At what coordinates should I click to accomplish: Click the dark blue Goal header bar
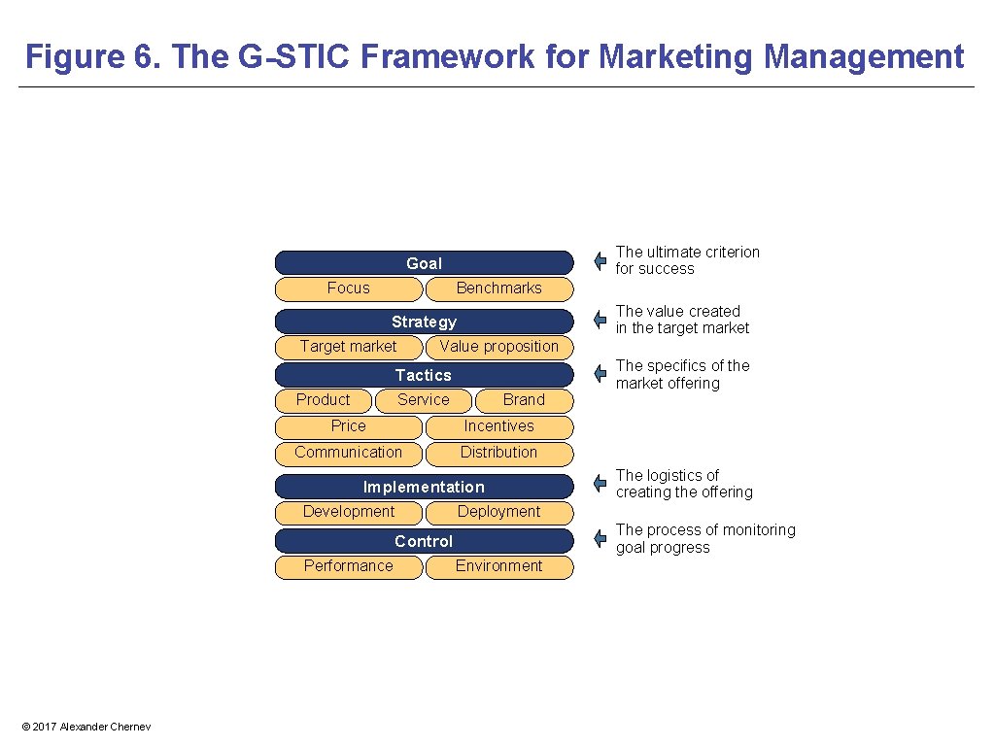(424, 263)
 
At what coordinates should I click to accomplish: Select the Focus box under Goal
(349, 288)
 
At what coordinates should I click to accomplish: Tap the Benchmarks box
(499, 288)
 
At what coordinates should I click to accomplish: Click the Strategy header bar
(424, 322)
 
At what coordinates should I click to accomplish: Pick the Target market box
(349, 347)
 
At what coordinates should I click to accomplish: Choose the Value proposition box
(499, 347)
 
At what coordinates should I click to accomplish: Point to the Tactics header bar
(424, 375)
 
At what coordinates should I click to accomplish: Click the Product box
(324, 400)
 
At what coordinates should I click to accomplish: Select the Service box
(424, 400)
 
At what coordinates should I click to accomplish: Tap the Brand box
(524, 400)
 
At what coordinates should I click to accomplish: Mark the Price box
(349, 426)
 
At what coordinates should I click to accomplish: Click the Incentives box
(499, 426)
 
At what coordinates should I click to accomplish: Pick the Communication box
(349, 453)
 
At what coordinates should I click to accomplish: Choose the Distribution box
(499, 453)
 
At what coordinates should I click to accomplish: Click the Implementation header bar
(424, 487)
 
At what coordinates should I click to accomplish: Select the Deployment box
(499, 512)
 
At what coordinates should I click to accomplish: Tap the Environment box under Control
(499, 566)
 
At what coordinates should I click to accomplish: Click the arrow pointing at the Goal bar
(600, 261)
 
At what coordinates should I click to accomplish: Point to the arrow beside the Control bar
(600, 539)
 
